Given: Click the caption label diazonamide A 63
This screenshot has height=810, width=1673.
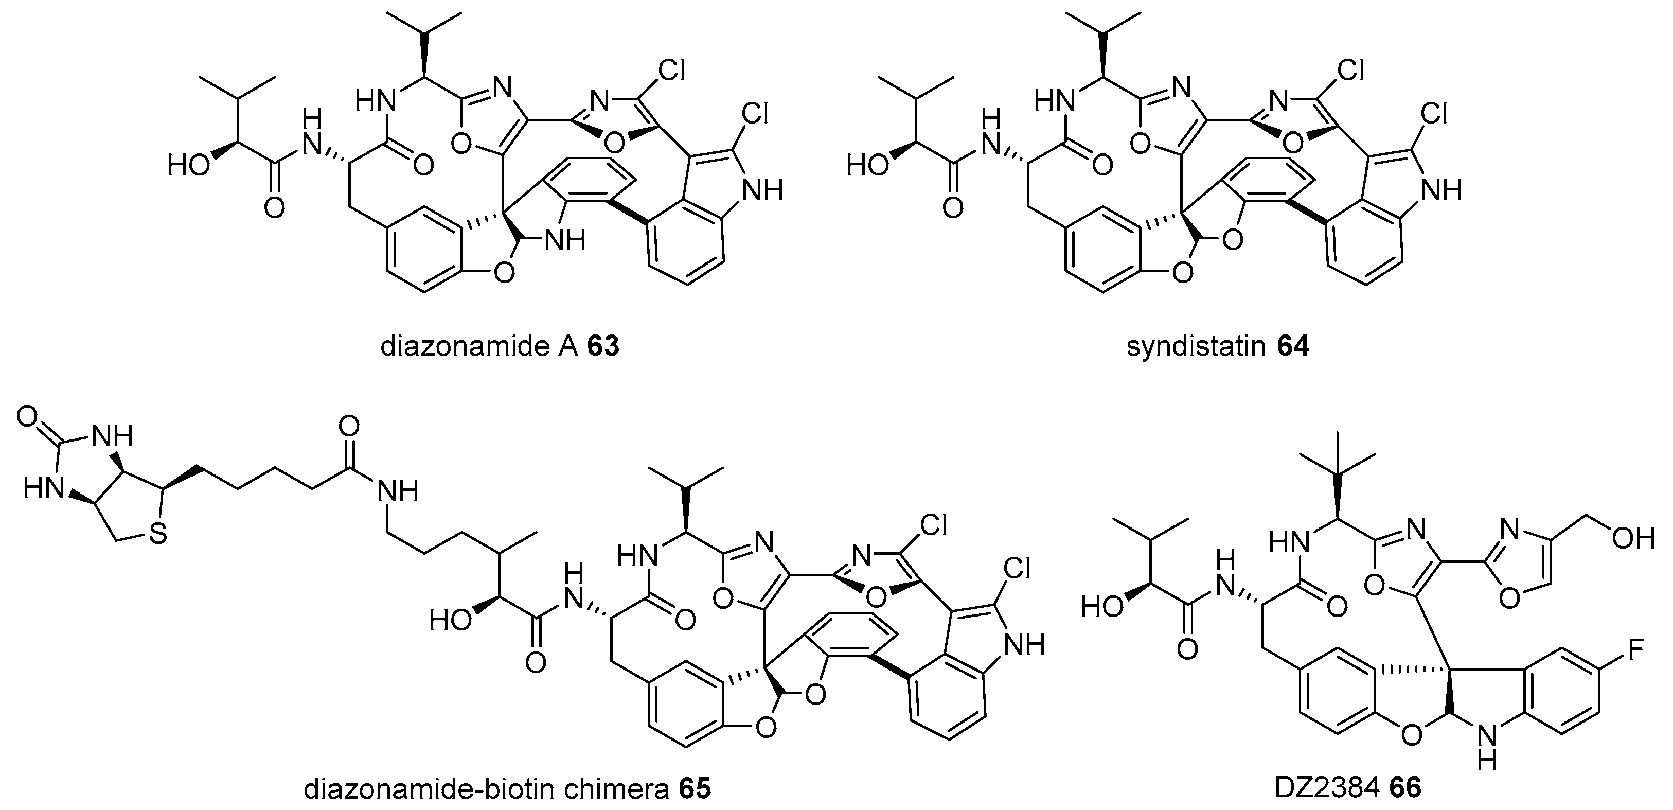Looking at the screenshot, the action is (500, 347).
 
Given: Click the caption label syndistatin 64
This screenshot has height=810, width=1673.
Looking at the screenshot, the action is (1218, 347).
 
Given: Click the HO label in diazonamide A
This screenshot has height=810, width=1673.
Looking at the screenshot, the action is (188, 166).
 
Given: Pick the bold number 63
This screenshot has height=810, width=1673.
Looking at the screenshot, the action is (603, 347).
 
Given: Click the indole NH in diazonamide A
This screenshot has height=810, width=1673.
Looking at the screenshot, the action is (763, 190).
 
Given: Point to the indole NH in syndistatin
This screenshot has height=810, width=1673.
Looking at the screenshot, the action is (1443, 190).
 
